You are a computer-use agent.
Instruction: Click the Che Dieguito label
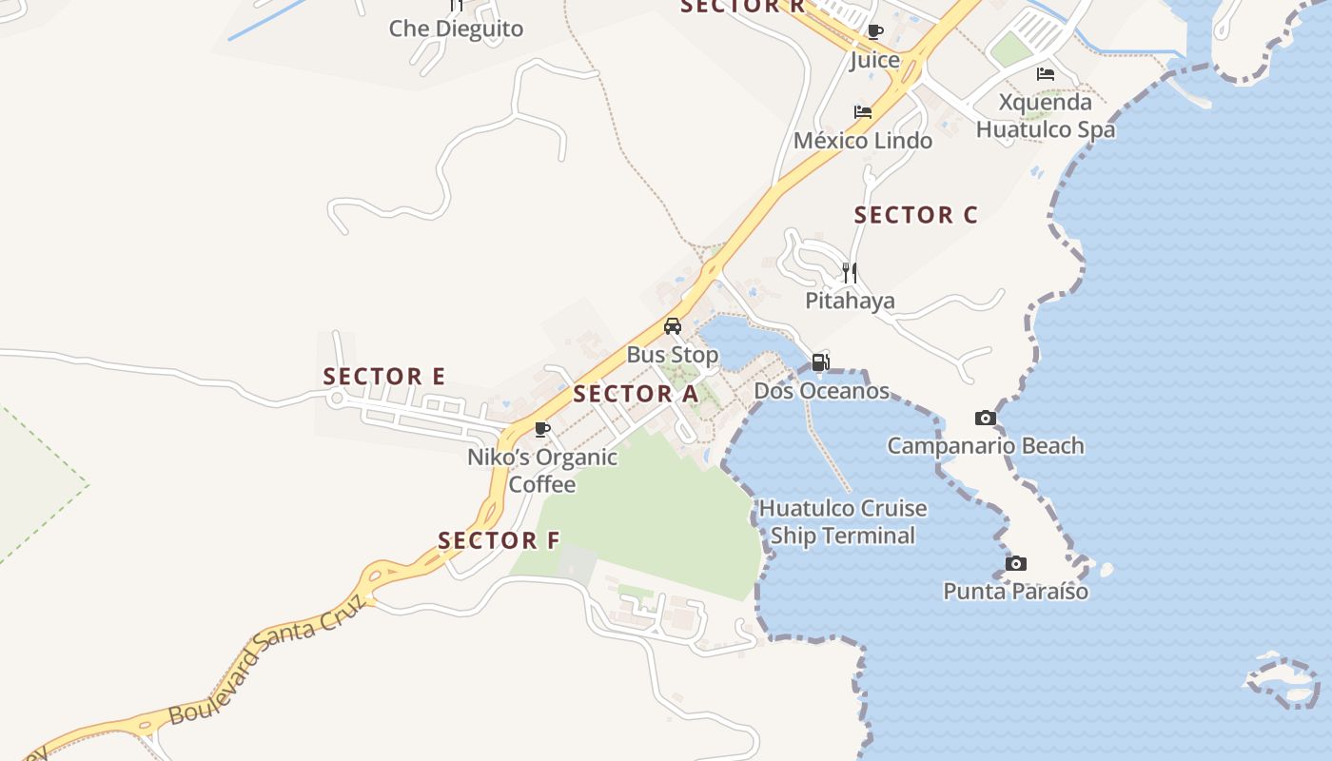tap(456, 29)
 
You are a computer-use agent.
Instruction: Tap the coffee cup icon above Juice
tap(875, 31)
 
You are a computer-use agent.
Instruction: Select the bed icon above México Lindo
tap(863, 111)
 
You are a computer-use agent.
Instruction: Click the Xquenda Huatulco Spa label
tap(1046, 115)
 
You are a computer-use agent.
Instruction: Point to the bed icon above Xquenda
tap(1046, 73)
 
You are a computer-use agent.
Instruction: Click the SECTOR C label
tap(915, 215)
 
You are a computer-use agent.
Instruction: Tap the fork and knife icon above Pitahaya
tap(850, 273)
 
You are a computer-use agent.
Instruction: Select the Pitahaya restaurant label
tap(850, 301)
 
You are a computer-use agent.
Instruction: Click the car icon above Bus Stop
tap(673, 326)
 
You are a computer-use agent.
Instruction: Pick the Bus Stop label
tap(673, 355)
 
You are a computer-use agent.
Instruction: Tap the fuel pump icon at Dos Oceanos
tap(820, 361)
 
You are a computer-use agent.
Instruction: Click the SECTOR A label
tap(636, 394)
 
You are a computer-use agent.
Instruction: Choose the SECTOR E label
tap(383, 377)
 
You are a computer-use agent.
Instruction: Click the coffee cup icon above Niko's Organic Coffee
tap(542, 430)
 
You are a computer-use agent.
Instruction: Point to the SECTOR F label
tap(499, 540)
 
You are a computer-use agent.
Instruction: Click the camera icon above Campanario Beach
tap(986, 418)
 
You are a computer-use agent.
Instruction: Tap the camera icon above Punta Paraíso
tap(1016, 563)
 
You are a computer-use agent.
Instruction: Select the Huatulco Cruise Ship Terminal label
tap(843, 521)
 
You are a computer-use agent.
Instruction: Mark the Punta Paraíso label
tap(1015, 592)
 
